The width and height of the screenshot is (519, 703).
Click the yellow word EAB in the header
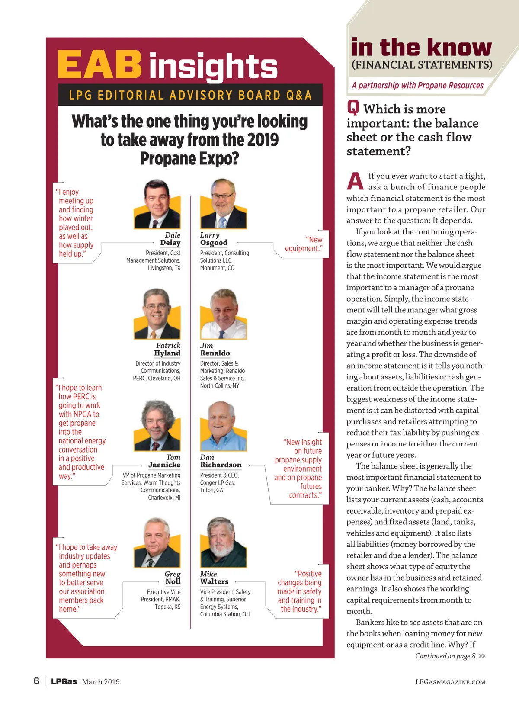[99, 64]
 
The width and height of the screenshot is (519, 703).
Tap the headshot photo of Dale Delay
[157, 204]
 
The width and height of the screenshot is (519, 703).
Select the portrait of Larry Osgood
[223, 204]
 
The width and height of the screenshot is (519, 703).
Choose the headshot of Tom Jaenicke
[157, 426]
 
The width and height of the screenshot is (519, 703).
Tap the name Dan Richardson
[221, 461]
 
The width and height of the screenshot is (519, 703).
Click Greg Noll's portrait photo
[157, 542]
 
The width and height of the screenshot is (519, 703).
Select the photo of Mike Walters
[223, 542]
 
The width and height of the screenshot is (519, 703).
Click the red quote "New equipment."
[304, 244]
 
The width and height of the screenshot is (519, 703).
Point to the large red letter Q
[353, 107]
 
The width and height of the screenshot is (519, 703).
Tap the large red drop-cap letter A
[355, 181]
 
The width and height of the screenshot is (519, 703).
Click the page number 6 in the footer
[36, 681]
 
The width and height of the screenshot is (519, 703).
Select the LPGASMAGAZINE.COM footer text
[450, 682]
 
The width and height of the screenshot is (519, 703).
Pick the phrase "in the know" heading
[421, 47]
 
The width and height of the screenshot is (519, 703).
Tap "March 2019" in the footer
[101, 681]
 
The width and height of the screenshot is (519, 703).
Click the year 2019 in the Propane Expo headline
[263, 140]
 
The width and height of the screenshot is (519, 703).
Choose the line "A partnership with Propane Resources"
[417, 85]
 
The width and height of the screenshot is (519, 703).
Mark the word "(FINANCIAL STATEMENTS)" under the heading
[422, 65]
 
